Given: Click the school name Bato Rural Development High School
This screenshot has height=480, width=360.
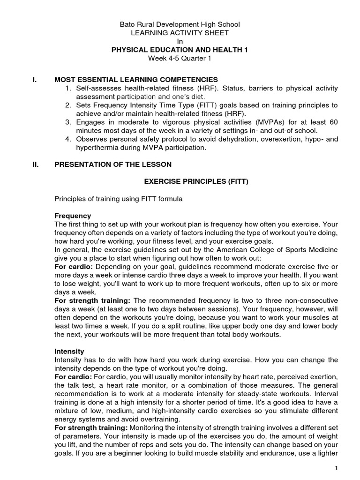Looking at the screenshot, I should click(x=180, y=24).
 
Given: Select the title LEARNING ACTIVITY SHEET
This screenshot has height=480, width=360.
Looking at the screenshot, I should click(x=180, y=33).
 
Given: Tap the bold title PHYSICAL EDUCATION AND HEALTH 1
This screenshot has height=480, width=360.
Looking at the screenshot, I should click(x=180, y=50).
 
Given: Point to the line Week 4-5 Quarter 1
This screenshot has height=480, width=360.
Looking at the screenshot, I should click(x=180, y=59).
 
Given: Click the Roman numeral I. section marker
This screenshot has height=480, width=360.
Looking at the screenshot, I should click(x=34, y=80).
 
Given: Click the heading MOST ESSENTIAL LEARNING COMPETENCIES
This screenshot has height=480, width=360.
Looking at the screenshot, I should click(x=136, y=80).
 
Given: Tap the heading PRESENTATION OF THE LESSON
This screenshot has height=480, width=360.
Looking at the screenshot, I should click(x=113, y=164).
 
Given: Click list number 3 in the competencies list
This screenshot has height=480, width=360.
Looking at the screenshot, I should click(x=67, y=122).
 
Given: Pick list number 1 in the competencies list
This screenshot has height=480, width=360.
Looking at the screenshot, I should click(x=67, y=88).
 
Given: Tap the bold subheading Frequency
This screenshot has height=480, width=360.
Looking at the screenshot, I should click(x=73, y=216).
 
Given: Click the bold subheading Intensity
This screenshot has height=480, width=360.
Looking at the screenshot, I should click(x=69, y=351).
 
